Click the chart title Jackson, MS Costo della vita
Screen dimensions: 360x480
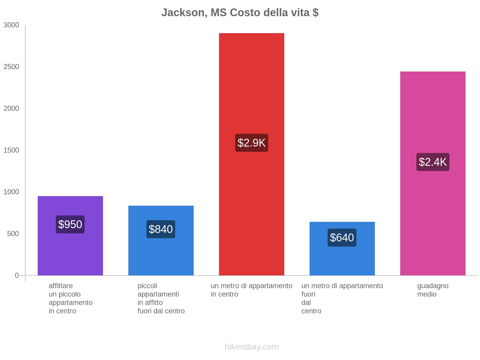coord(240,13)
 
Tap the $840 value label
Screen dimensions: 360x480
coord(160,229)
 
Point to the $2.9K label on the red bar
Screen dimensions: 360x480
coord(251,143)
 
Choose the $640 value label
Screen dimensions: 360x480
coord(342,238)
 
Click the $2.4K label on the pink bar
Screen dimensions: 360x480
coord(433,162)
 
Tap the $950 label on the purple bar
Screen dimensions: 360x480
coord(70,224)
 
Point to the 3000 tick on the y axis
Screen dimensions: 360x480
coord(11,25)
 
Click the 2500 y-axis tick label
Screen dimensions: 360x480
coord(11,67)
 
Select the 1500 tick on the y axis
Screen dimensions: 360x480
coord(11,150)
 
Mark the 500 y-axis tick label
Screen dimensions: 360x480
coord(13,234)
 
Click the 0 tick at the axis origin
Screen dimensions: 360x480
coord(17,275)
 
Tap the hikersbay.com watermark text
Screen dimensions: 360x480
coord(251,347)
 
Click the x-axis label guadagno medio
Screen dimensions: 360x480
coord(433,290)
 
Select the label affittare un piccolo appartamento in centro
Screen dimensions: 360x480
coord(70,298)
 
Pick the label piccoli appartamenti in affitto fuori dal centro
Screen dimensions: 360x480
coord(161,298)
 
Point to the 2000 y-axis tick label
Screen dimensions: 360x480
coord(11,109)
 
